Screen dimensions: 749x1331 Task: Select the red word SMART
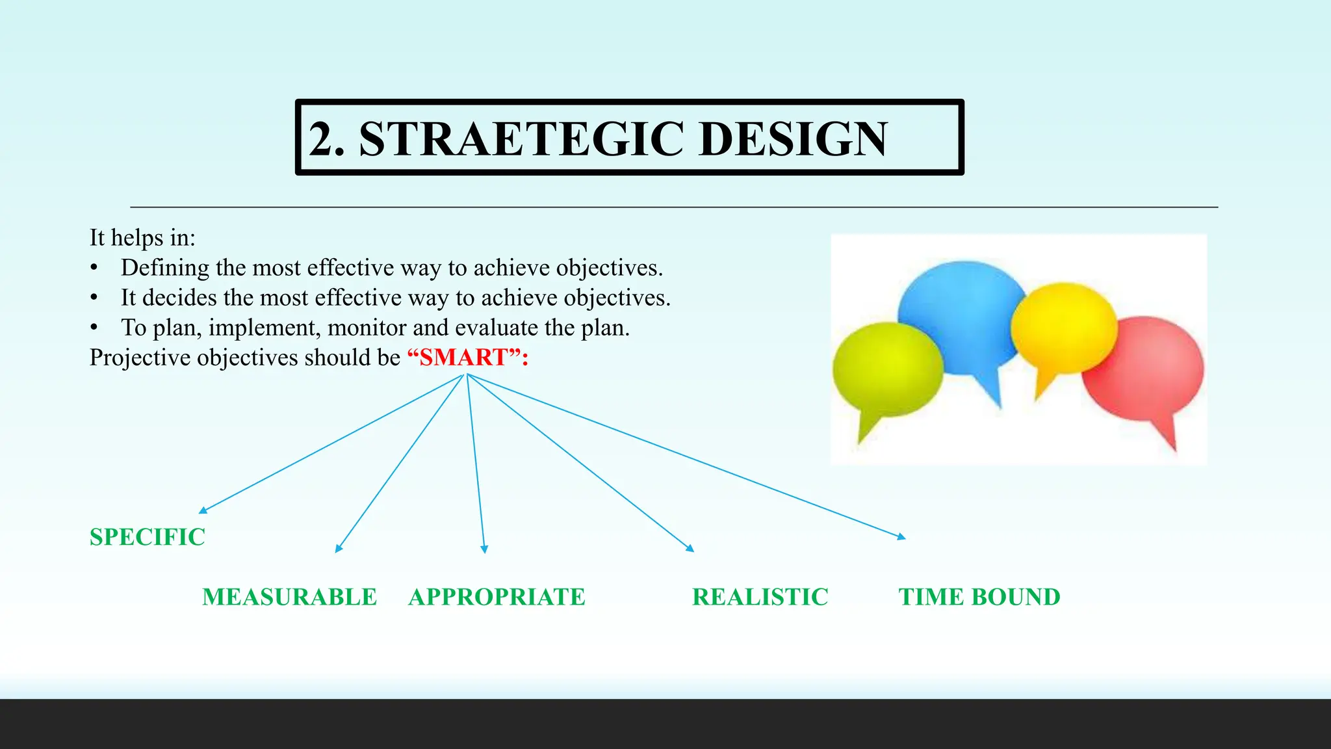463,358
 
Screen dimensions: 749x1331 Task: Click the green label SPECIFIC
148,537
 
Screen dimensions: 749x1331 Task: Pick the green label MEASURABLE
289,597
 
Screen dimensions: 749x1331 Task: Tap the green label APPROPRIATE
497,597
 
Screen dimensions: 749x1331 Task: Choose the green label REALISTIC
760,597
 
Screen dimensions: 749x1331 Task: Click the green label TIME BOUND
979,597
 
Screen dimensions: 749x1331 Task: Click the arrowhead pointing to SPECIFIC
203,511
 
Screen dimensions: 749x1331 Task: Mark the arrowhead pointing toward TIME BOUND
901,537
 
